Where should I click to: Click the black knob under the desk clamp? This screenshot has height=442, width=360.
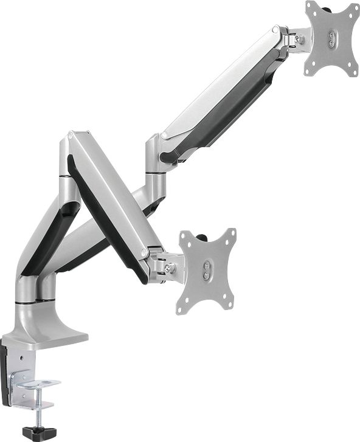pyautogui.click(x=35, y=432)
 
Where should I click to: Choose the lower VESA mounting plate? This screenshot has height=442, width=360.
pyautogui.click(x=207, y=270)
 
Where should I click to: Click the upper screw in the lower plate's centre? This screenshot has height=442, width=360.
pyautogui.click(x=209, y=266)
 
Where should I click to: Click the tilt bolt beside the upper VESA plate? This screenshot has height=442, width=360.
pyautogui.click(x=299, y=40)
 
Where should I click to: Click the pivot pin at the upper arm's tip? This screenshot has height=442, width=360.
pyautogui.click(x=277, y=29)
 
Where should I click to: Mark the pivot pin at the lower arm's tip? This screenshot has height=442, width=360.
pyautogui.click(x=144, y=251)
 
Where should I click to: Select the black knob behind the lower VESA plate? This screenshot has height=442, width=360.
pyautogui.click(x=201, y=234)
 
